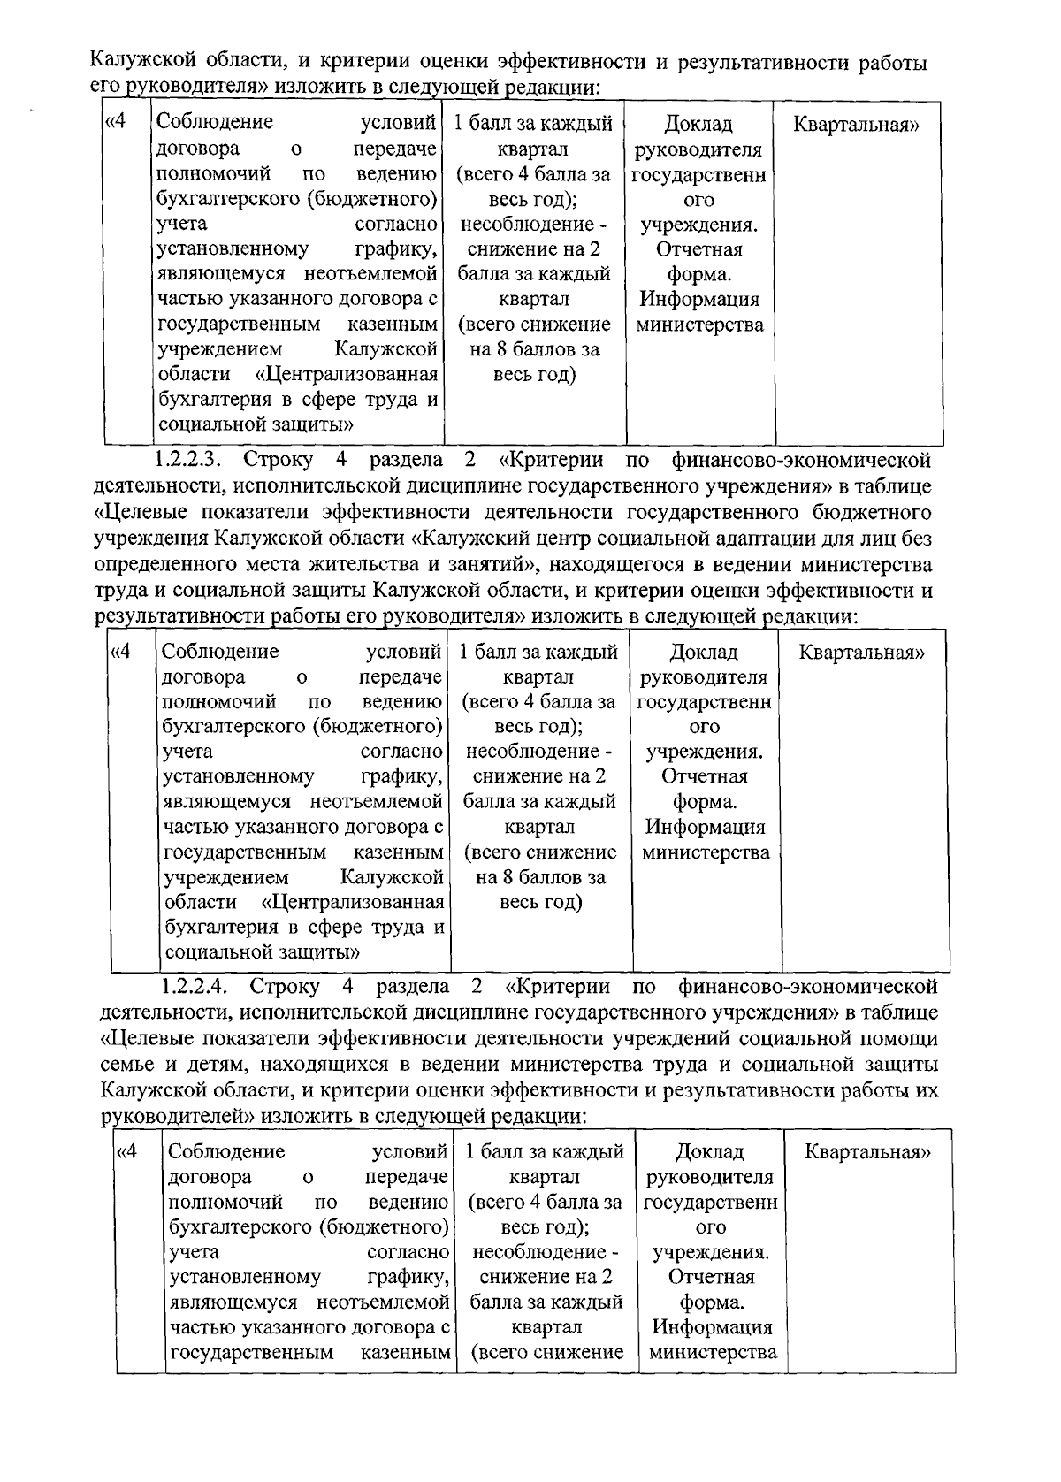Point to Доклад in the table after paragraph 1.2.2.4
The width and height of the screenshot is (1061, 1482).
click(709, 1152)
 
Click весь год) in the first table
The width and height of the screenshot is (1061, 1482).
click(534, 374)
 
